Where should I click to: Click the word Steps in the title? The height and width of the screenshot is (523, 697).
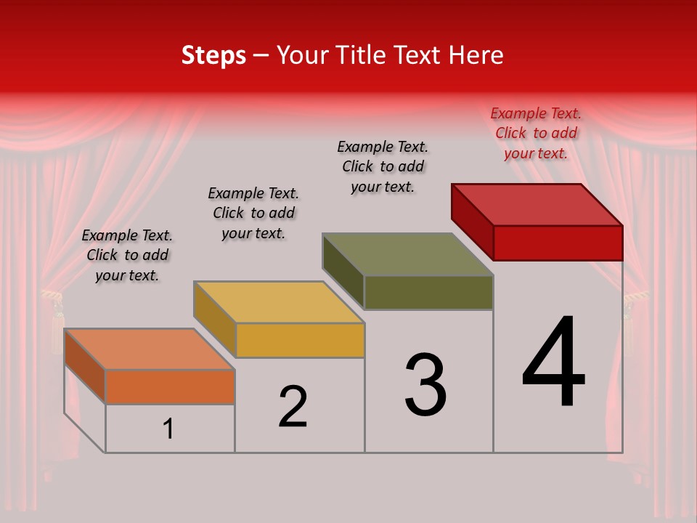(x=213, y=55)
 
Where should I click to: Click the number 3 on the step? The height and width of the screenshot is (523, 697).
(x=425, y=385)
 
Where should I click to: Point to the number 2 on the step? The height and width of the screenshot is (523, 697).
(x=293, y=407)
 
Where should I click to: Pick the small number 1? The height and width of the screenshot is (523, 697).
(x=168, y=429)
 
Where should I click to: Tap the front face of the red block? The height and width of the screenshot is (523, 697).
(x=558, y=243)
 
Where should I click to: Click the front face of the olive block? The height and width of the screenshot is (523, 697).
(x=428, y=292)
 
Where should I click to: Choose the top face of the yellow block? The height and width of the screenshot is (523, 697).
(x=279, y=302)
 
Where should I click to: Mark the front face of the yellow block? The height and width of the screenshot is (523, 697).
(x=299, y=340)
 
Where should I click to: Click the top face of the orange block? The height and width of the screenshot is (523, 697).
(x=150, y=349)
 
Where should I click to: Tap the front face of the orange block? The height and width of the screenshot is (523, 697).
(x=170, y=386)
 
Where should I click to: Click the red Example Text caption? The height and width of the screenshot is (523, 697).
(x=536, y=133)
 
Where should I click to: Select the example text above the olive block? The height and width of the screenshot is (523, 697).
(x=383, y=166)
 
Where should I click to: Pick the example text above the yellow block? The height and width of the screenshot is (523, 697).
(x=253, y=213)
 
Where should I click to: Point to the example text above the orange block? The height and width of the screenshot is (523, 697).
(x=127, y=255)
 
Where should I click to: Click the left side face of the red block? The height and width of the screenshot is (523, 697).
(x=472, y=221)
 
